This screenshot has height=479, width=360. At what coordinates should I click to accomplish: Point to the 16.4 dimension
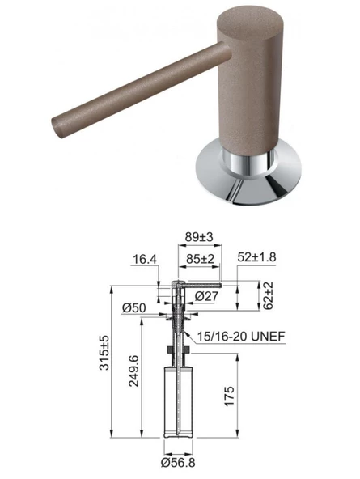tap(145, 260)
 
